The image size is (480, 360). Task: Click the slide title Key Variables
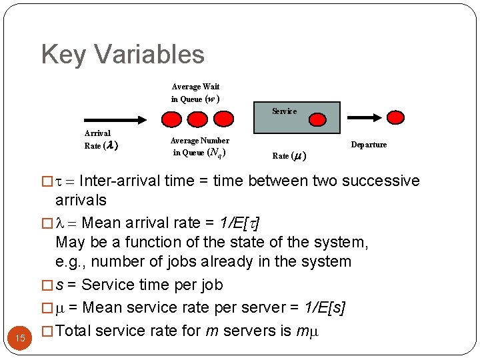point(123,54)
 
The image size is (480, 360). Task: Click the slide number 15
point(21,338)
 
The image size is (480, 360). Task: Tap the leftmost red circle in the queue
point(172,119)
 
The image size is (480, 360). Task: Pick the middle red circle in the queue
point(197,119)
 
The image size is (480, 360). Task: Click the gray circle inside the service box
point(317,120)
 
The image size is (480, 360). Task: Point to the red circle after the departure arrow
point(395,118)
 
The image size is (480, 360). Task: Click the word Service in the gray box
point(284,111)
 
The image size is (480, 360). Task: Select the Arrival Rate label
point(101,139)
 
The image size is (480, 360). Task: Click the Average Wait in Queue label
point(195,93)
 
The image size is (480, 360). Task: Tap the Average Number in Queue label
point(199,147)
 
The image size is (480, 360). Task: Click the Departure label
point(369,145)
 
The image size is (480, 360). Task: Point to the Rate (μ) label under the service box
point(289,156)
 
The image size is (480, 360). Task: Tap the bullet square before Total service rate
point(46,330)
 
